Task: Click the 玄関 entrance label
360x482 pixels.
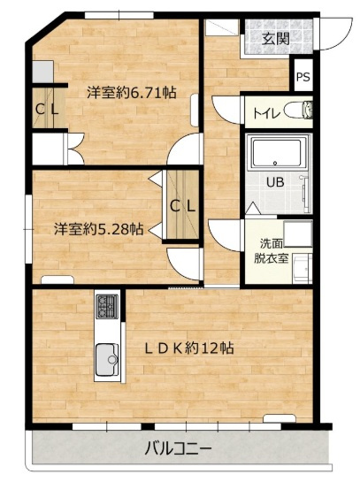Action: click(x=275, y=39)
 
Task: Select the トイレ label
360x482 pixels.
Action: click(x=266, y=113)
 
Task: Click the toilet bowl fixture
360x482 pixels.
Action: click(x=299, y=110)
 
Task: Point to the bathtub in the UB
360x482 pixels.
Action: click(x=276, y=153)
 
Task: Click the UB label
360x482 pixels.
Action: click(x=275, y=182)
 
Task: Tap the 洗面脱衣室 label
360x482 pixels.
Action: click(x=271, y=251)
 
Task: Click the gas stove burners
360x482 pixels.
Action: click(x=107, y=306)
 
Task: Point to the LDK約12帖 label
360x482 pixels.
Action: click(x=188, y=348)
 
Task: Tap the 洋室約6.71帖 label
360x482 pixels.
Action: click(x=132, y=92)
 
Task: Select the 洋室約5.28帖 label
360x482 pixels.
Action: click(x=99, y=229)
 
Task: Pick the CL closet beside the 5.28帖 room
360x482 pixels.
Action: click(x=182, y=204)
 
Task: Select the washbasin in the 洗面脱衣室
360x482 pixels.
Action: click(x=302, y=268)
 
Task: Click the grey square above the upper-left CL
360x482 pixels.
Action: click(x=42, y=72)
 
